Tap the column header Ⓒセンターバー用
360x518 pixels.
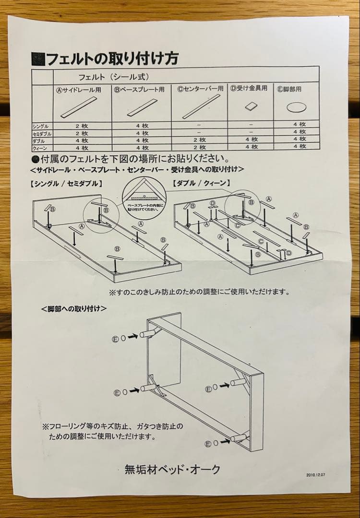tap(200, 89)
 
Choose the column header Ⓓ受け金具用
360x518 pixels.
tap(249, 89)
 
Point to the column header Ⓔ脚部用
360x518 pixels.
tap(296, 89)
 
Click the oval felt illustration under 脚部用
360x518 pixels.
tap(296, 107)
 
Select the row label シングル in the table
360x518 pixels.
tap(41, 126)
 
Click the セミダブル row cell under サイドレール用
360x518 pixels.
tap(82, 133)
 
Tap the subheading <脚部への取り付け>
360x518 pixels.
tap(74, 308)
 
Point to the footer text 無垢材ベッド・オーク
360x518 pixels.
tap(172, 468)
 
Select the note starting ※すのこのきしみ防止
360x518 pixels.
tap(199, 291)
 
